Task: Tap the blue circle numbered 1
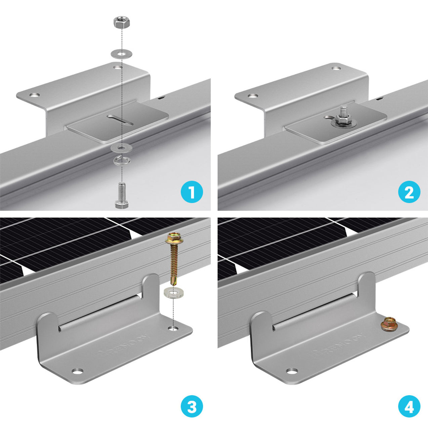(x=191, y=192)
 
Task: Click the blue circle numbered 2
(x=409, y=192)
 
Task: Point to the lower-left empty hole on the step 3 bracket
(x=77, y=372)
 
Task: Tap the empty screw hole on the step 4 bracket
(x=292, y=371)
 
